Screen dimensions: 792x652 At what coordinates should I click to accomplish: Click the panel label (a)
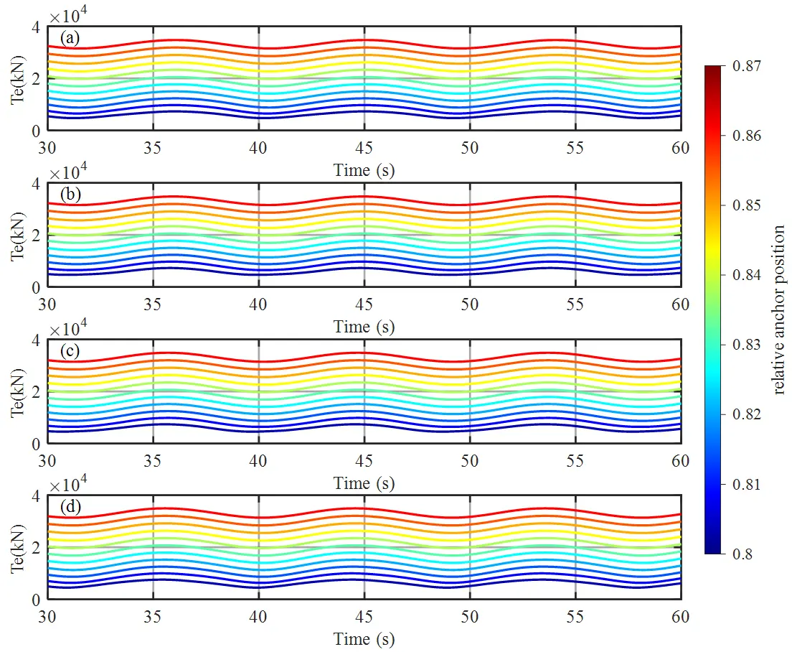[x=70, y=38]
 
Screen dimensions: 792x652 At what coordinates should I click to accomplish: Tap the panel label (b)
[x=70, y=195]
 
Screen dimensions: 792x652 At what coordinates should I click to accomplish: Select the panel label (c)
[x=70, y=350]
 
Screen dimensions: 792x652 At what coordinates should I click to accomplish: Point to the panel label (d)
[x=70, y=506]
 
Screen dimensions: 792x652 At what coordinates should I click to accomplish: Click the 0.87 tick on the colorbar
[x=747, y=66]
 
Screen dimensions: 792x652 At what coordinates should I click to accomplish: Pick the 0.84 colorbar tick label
[x=747, y=275]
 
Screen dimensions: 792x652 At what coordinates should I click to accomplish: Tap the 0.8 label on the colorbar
[x=742, y=554]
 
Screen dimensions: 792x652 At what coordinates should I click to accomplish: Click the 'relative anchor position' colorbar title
[x=778, y=309]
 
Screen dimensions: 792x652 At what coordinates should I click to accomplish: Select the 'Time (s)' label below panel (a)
[x=364, y=170]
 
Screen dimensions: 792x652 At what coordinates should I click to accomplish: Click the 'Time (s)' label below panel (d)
[x=364, y=639]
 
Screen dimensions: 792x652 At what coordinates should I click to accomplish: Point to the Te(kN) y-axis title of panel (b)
[x=18, y=236]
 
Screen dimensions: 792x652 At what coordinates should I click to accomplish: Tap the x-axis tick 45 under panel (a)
[x=364, y=148]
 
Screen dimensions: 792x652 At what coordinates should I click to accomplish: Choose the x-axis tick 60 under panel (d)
[x=680, y=617]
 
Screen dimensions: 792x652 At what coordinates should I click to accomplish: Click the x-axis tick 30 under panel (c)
[x=47, y=461]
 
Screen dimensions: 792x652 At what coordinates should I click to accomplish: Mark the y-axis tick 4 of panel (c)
[x=35, y=340]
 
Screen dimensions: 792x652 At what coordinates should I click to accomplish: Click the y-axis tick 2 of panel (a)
[x=35, y=80]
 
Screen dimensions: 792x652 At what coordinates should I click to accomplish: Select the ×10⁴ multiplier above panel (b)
[x=68, y=172]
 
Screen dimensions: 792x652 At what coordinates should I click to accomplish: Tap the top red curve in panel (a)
[x=364, y=40]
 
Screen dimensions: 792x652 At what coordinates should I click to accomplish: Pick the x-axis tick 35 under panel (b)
[x=153, y=304]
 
